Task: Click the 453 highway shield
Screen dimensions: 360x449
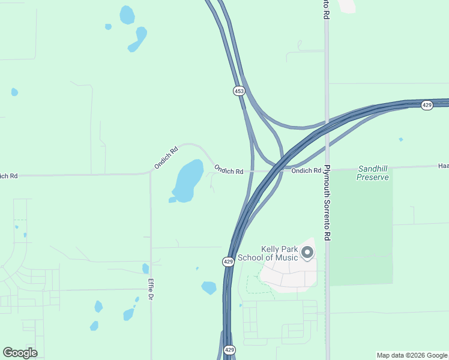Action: pyautogui.click(x=239, y=91)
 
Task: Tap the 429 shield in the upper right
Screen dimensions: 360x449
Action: pyautogui.click(x=427, y=105)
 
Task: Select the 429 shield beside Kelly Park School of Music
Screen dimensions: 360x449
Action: pyautogui.click(x=228, y=262)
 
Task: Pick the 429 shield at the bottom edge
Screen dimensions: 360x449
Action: pyautogui.click(x=229, y=350)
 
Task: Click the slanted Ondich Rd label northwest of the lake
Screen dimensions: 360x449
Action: pyautogui.click(x=166, y=157)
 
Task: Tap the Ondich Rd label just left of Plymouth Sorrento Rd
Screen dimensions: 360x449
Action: pyautogui.click(x=306, y=170)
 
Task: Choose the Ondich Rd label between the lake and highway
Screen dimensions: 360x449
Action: pyautogui.click(x=229, y=170)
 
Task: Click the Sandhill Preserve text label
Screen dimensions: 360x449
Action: pyautogui.click(x=373, y=173)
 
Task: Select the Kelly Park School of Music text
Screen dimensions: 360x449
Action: pyautogui.click(x=268, y=254)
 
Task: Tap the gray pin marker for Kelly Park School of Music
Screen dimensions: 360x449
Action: pyautogui.click(x=307, y=253)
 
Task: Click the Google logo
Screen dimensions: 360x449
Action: pyautogui.click(x=20, y=353)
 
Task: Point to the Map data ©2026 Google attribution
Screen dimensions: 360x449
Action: pyautogui.click(x=412, y=355)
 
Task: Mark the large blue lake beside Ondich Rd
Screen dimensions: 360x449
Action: pyautogui.click(x=188, y=180)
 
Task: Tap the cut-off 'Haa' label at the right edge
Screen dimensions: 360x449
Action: pyautogui.click(x=443, y=166)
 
